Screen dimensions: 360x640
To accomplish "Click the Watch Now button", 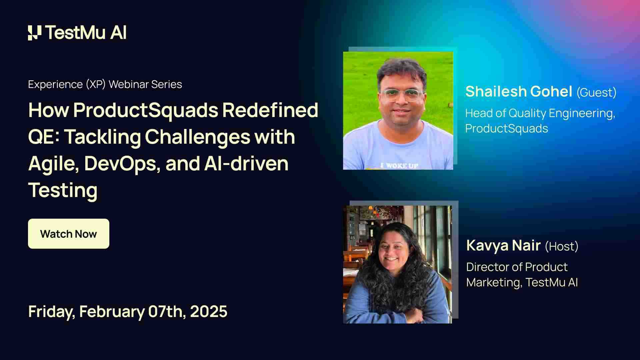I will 68,234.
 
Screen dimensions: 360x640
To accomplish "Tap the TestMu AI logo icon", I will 35,33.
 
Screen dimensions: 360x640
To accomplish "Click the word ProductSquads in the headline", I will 145,110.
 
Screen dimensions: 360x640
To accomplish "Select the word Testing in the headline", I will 63,190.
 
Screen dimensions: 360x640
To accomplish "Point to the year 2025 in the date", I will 209,311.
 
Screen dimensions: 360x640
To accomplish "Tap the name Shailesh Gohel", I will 519,91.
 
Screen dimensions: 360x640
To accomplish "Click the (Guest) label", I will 596,92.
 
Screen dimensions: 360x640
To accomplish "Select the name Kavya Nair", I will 503,245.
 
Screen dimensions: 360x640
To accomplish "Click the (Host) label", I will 562,246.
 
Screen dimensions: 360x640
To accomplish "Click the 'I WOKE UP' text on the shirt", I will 399,165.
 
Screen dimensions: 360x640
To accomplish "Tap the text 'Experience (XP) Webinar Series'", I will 105,84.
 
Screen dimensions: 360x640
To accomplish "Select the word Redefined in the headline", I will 270,110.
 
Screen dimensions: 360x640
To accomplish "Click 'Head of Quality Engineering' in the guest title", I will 540,113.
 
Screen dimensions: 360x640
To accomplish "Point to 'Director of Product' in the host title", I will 517,267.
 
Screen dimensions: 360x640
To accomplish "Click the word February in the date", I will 112,311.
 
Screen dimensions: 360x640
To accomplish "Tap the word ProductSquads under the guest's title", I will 506,128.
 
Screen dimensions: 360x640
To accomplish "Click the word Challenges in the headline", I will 197,137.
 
